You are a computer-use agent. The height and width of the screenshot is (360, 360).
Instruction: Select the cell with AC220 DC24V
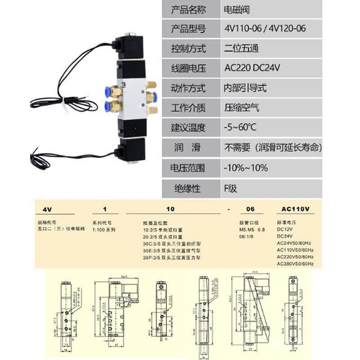pyautogui.click(x=252, y=68)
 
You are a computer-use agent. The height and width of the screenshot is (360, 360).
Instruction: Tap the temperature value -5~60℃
pyautogui.click(x=240, y=127)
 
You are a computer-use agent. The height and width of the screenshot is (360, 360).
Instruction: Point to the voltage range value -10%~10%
pyautogui.click(x=246, y=168)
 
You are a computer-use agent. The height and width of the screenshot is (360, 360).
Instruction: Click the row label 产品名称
pyautogui.click(x=189, y=9)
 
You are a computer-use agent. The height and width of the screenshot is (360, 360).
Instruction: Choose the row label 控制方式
pyautogui.click(x=189, y=48)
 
